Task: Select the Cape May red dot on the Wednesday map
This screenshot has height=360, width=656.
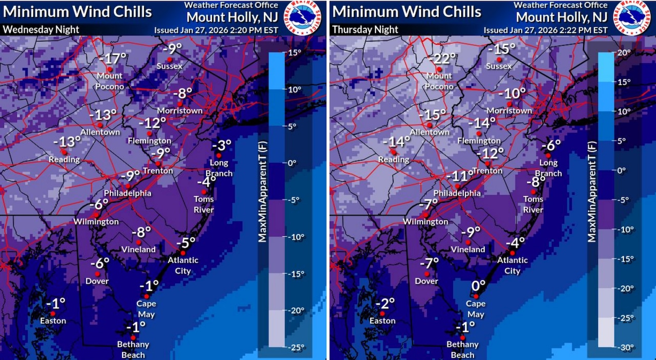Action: (x=147, y=296)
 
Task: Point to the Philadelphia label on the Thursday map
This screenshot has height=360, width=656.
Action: (x=458, y=193)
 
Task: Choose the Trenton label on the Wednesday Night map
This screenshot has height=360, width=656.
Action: (x=157, y=171)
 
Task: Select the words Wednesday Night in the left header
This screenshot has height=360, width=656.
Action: (x=41, y=29)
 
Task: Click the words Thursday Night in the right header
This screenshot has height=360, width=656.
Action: (x=365, y=29)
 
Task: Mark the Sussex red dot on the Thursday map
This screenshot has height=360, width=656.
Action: (x=499, y=59)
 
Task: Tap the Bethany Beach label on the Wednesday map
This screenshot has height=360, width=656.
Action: (x=133, y=349)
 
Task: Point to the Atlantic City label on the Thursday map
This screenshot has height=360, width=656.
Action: (x=512, y=265)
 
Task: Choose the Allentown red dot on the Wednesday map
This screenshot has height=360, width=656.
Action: (x=100, y=125)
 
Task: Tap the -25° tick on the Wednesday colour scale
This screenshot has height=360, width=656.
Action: (x=295, y=347)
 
